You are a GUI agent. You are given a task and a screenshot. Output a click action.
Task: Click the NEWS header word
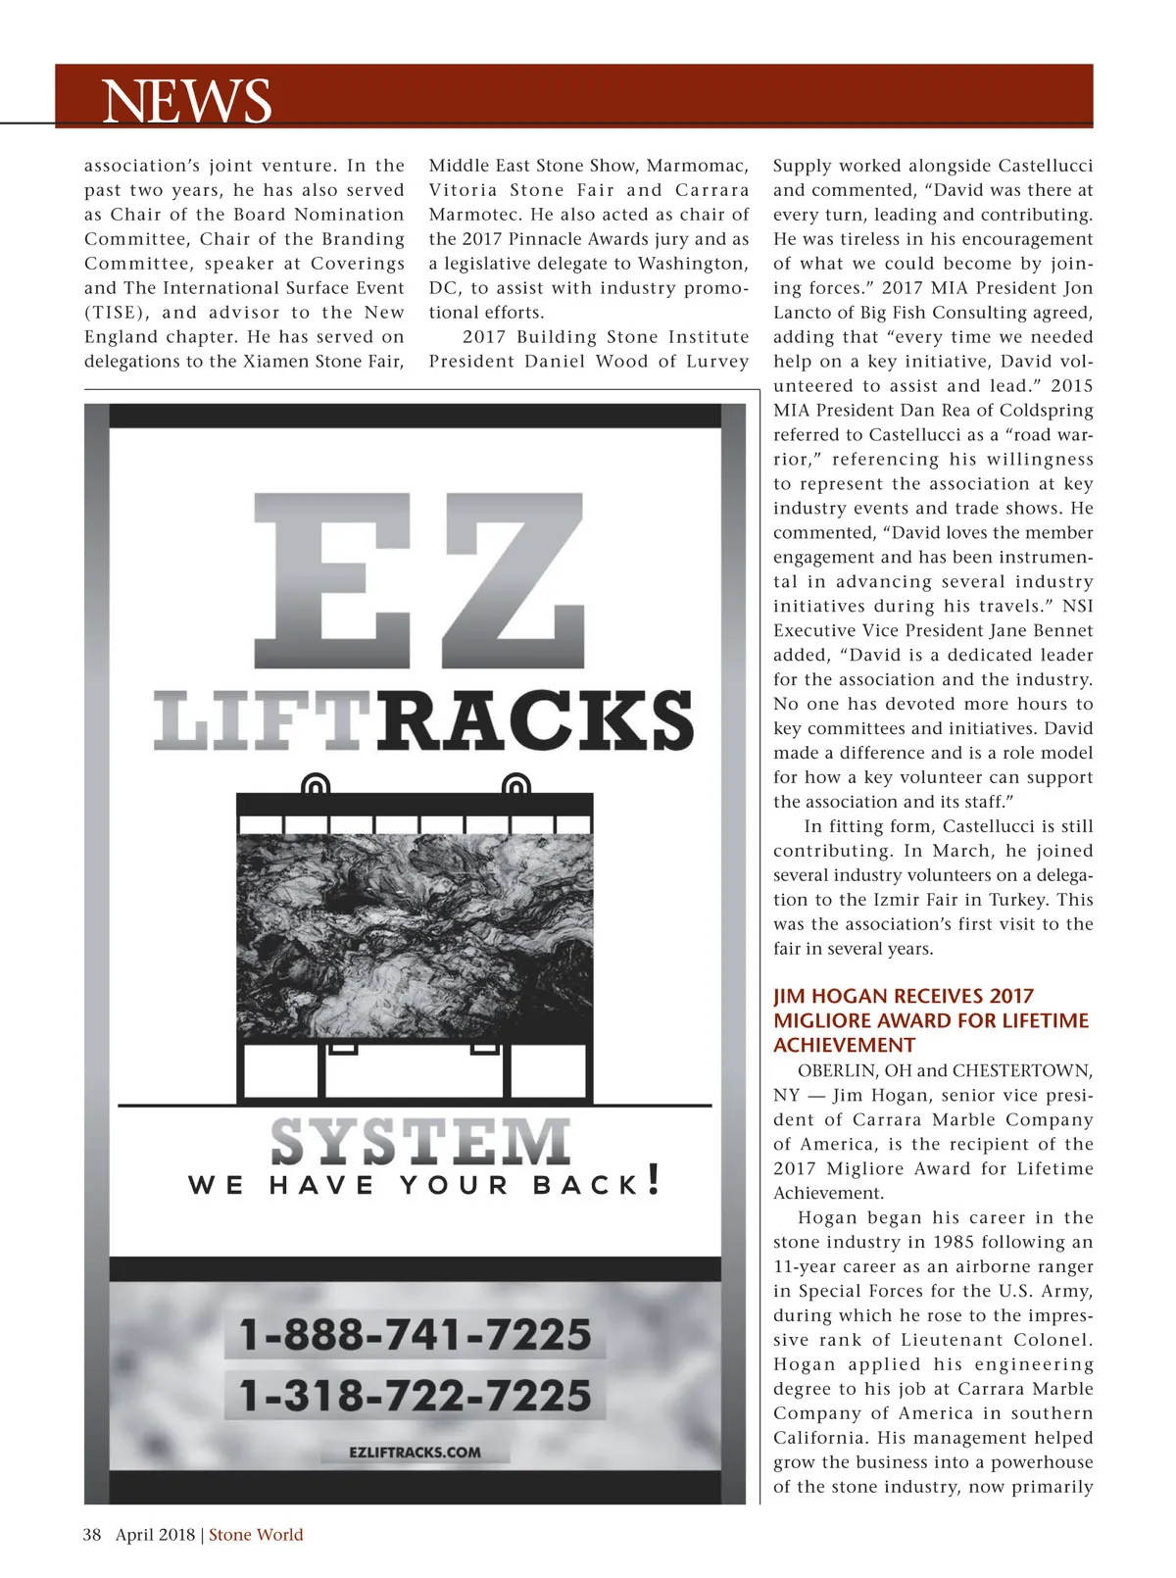click(x=186, y=100)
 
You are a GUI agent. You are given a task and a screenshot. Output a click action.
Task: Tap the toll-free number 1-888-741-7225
click(x=416, y=1335)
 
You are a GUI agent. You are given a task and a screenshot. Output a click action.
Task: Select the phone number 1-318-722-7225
click(x=416, y=1395)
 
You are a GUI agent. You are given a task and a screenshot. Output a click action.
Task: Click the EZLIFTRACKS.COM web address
click(x=415, y=1452)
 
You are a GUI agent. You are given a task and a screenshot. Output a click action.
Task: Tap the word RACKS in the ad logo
click(x=536, y=720)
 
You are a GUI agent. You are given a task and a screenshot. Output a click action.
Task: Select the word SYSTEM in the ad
click(x=419, y=1142)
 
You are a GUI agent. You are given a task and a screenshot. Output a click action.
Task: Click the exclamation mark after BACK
click(x=655, y=1179)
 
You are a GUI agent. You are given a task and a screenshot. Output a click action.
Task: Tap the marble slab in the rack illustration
click(x=415, y=936)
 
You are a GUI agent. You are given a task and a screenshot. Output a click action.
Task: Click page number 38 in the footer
click(x=92, y=1535)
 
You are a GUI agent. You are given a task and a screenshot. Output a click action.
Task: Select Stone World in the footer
click(x=256, y=1535)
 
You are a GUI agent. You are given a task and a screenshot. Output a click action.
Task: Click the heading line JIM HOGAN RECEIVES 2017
click(x=904, y=996)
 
